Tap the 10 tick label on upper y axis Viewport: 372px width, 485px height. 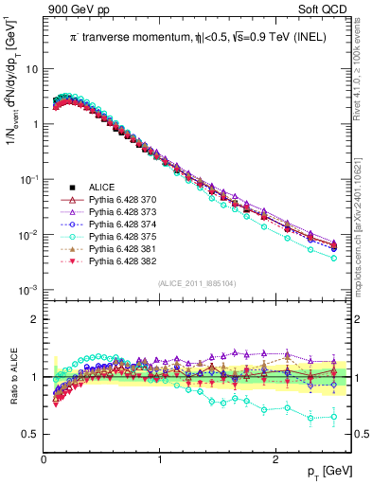click(x=32, y=69)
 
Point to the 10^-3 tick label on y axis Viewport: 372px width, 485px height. click(x=28, y=290)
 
